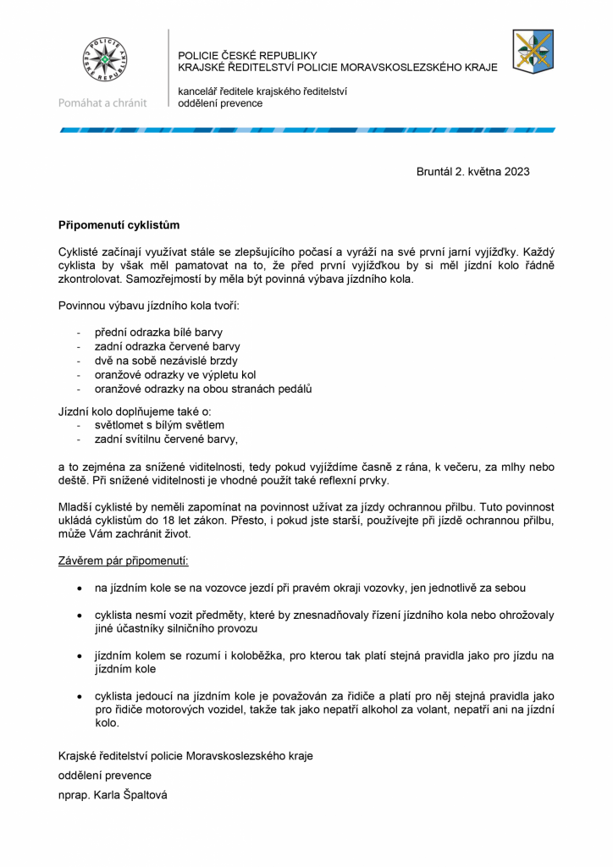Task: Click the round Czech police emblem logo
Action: click(103, 62)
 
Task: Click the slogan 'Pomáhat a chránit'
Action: click(102, 103)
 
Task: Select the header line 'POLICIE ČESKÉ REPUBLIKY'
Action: click(247, 55)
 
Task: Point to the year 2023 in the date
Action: click(516, 172)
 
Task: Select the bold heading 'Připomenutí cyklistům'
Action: click(119, 226)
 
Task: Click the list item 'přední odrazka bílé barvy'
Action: click(152, 333)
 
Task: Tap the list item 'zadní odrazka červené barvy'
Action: click(161, 346)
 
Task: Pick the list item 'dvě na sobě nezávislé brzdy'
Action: click(160, 361)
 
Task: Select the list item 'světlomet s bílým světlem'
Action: click(153, 425)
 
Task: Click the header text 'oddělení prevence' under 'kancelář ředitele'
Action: click(220, 103)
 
